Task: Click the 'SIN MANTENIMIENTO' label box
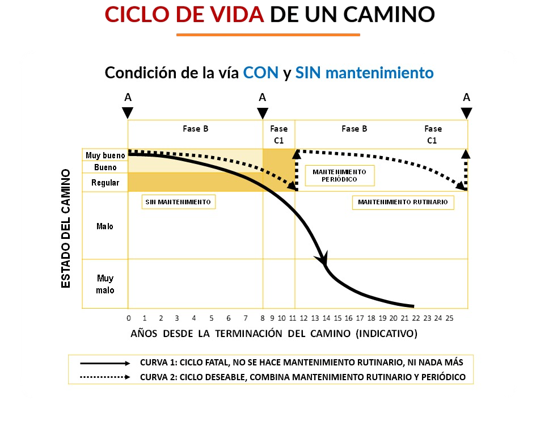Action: click(178, 202)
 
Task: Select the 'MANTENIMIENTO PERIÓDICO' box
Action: click(339, 175)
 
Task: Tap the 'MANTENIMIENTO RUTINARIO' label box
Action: click(403, 202)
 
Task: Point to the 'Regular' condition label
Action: click(105, 183)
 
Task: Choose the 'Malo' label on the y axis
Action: click(105, 226)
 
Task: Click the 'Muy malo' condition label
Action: click(105, 284)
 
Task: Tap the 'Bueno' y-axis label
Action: click(105, 167)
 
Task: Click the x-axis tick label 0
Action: click(128, 318)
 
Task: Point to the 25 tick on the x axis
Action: click(449, 318)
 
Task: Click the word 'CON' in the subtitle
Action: click(261, 73)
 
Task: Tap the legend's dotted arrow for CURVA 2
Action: click(105, 376)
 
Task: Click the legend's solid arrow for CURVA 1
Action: click(105, 363)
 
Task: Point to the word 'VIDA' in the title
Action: click(235, 14)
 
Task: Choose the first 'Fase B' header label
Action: click(195, 129)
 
